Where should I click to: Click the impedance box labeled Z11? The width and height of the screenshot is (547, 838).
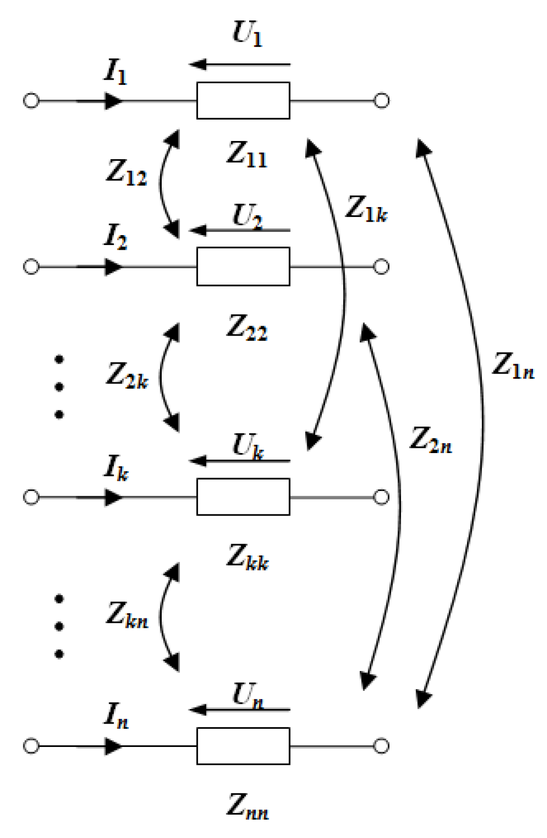(x=243, y=100)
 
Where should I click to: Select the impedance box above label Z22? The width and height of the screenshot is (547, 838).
(x=243, y=266)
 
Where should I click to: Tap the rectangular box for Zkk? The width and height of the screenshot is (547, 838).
(x=243, y=497)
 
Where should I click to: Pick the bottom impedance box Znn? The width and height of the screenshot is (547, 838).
(x=243, y=745)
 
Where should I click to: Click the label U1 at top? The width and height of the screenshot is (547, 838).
(x=247, y=34)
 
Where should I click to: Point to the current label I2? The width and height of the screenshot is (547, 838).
(x=115, y=237)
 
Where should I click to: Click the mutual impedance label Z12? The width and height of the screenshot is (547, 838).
(x=126, y=172)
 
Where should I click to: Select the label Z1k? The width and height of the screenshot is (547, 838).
(x=367, y=209)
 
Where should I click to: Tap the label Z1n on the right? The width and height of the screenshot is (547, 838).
(x=513, y=365)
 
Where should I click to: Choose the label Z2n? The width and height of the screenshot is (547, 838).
(x=431, y=440)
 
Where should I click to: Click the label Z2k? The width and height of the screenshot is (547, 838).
(x=127, y=375)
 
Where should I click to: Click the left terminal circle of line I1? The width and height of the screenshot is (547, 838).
(x=31, y=100)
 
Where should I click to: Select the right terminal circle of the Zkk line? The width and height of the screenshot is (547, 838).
(x=382, y=497)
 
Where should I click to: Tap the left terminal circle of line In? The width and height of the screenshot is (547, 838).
(x=31, y=745)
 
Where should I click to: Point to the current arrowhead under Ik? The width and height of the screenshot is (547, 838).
(x=113, y=497)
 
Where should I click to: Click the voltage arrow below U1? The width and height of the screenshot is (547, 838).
(x=239, y=65)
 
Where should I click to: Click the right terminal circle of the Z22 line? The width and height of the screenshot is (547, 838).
(x=382, y=266)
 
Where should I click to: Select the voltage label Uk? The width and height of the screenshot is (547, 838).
(x=248, y=446)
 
